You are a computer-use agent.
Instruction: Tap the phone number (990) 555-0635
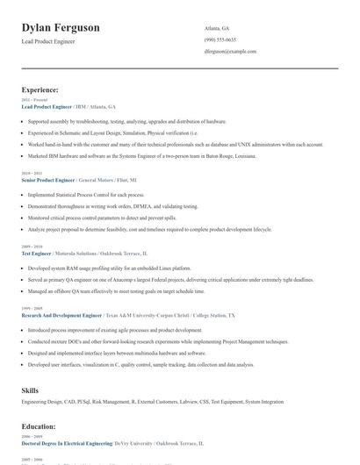coord(220,39)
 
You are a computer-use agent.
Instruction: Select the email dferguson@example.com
coord(230,51)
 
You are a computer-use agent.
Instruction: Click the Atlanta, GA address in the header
coord(217,28)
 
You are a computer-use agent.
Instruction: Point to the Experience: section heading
coord(40,89)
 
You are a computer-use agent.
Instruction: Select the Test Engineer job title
coord(37,253)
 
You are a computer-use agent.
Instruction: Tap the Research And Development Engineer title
coord(61,313)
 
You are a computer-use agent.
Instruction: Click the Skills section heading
coord(31,389)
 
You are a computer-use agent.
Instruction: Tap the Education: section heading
coord(39,427)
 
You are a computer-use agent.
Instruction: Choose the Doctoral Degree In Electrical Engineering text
coord(67,444)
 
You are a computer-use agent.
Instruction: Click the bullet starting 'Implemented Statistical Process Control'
coord(86,194)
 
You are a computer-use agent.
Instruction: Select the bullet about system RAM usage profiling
coord(110,267)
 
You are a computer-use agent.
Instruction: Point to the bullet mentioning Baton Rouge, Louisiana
coord(142,155)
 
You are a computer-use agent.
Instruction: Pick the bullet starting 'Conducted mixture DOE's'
coord(158,340)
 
